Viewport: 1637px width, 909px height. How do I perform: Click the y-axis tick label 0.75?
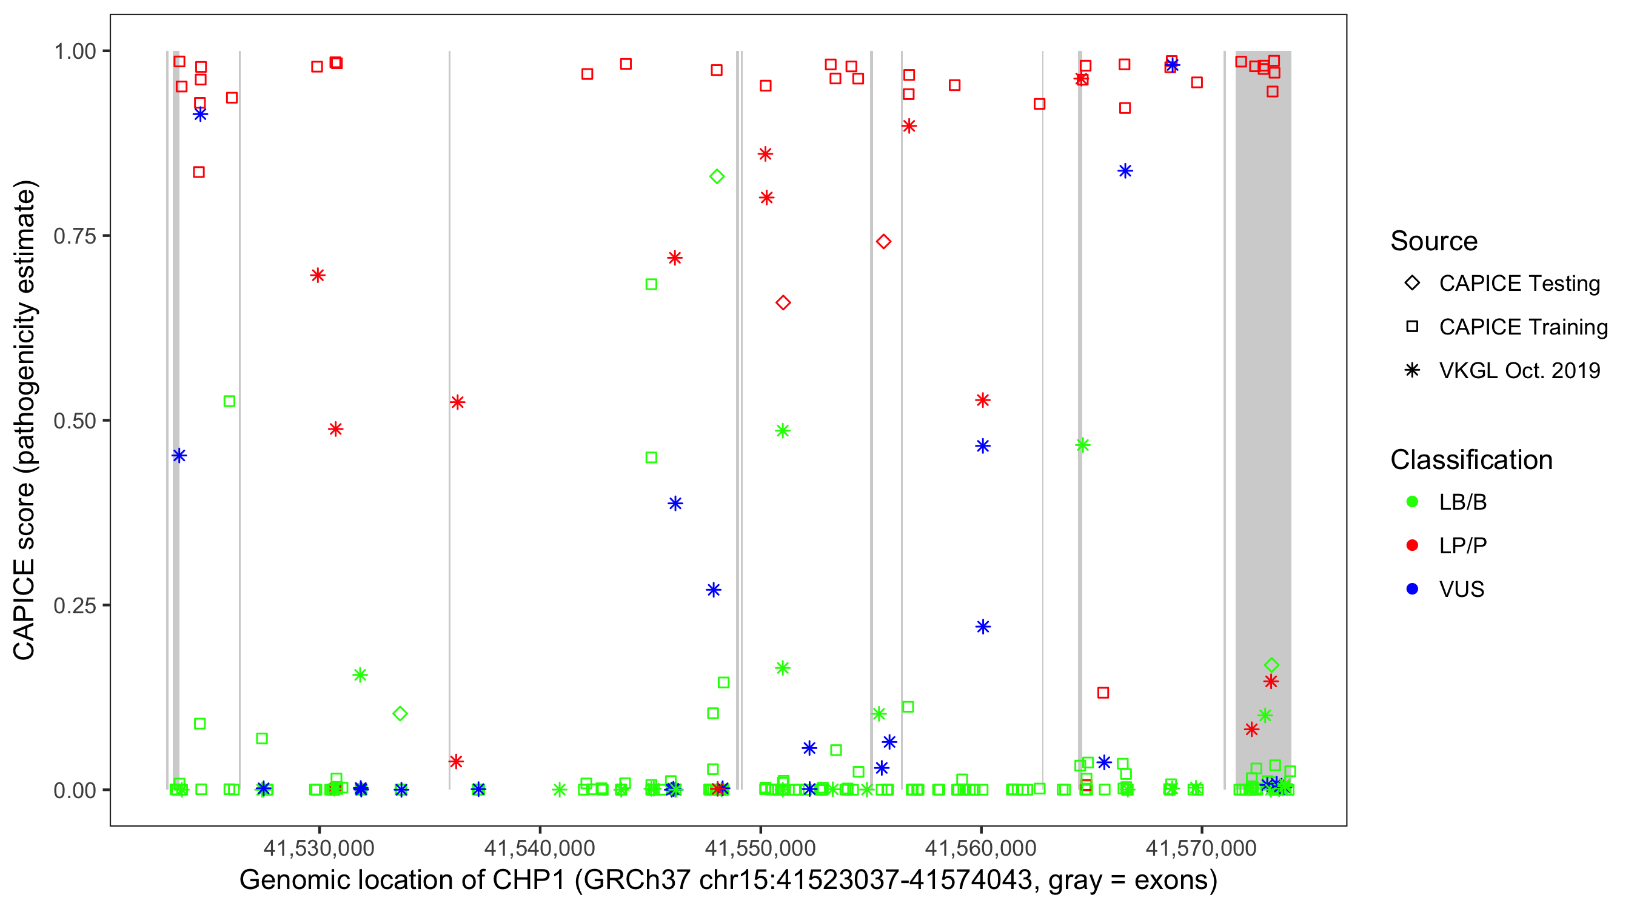[x=74, y=236]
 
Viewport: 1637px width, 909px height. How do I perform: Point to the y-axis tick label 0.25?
[x=74, y=605]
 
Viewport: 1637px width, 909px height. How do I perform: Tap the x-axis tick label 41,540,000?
[x=540, y=847]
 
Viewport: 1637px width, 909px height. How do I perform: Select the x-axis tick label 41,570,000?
[x=1201, y=847]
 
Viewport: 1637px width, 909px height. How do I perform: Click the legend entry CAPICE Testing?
[x=1519, y=284]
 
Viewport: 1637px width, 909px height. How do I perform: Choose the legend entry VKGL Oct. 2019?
[x=1519, y=370]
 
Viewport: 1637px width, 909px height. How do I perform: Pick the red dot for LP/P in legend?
[x=1413, y=545]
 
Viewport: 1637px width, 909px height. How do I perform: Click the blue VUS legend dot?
[x=1413, y=589]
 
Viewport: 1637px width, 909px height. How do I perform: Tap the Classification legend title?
[x=1471, y=459]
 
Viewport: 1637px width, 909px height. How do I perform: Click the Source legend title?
[x=1434, y=241]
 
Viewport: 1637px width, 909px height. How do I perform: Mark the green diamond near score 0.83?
[x=717, y=176]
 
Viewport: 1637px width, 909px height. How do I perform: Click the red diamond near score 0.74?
[x=883, y=241]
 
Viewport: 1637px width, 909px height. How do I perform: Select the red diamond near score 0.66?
[x=783, y=303]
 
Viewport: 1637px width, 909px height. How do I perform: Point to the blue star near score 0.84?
[x=1125, y=171]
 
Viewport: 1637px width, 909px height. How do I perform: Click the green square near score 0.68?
[x=651, y=285]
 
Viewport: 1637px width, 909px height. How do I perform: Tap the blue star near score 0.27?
[x=714, y=590]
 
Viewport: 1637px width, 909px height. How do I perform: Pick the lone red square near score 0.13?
[x=1103, y=693]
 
